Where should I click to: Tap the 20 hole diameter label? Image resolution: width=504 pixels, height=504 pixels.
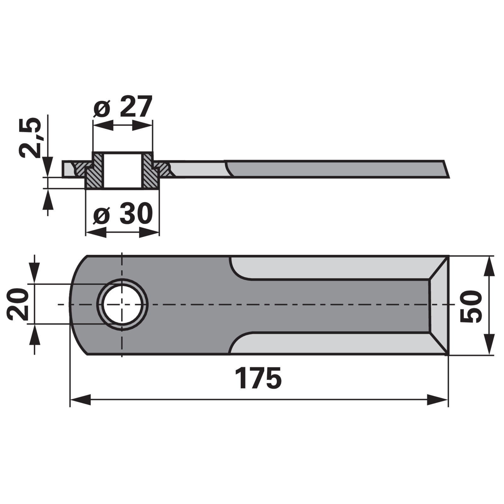click(18, 304)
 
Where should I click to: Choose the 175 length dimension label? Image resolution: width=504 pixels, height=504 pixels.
click(258, 378)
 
